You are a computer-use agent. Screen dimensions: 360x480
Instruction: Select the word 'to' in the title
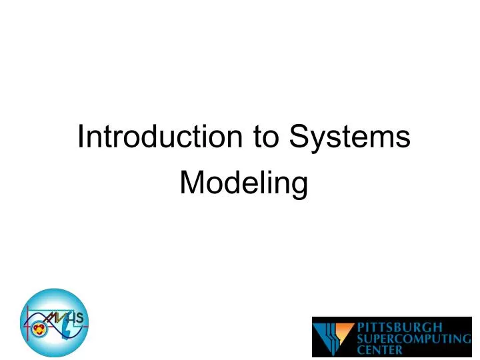(266, 137)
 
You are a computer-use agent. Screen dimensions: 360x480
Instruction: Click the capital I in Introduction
(81, 137)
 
